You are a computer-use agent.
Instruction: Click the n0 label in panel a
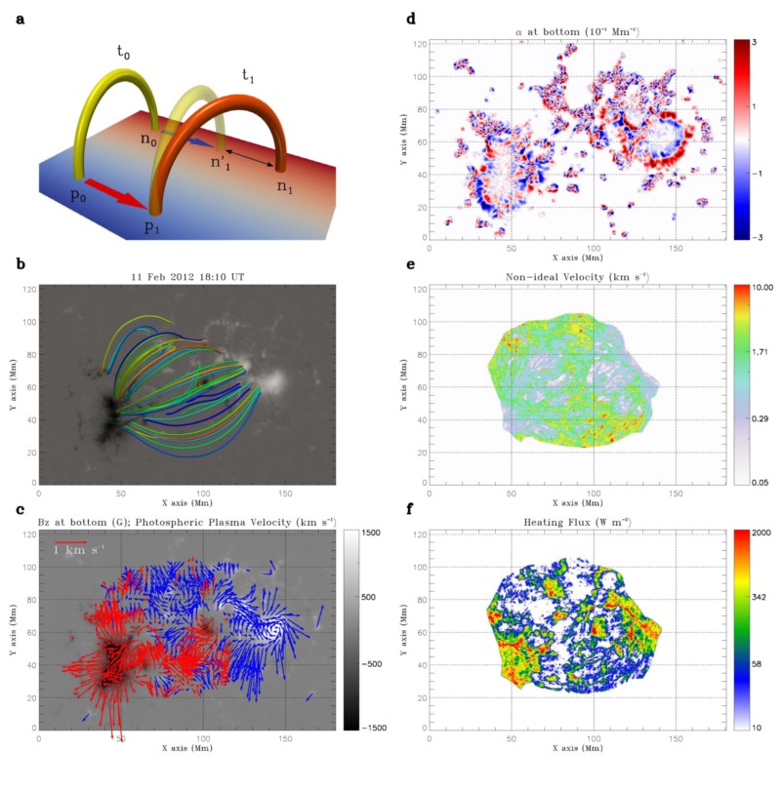tap(148, 138)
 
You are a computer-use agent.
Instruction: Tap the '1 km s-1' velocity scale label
tap(81, 551)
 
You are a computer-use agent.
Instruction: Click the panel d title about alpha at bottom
tap(576, 34)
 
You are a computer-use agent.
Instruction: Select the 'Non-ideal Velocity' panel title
tap(576, 277)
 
